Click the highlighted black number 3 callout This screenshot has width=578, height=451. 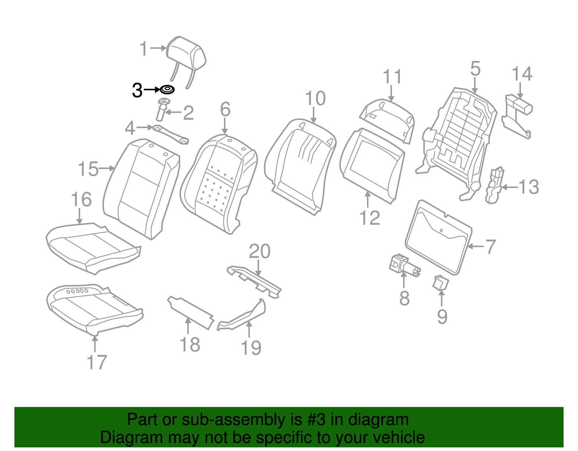137,90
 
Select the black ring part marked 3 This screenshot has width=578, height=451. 167,90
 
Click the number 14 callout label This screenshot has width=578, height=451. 522,74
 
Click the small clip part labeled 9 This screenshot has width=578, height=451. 440,283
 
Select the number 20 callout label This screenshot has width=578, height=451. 260,251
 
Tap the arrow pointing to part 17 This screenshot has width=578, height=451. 95,344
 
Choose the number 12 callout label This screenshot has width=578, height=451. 370,218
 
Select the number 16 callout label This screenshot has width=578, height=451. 81,199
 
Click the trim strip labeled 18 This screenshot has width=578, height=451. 190,313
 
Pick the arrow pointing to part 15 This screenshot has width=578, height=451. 107,168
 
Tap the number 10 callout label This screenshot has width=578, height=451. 315,99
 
